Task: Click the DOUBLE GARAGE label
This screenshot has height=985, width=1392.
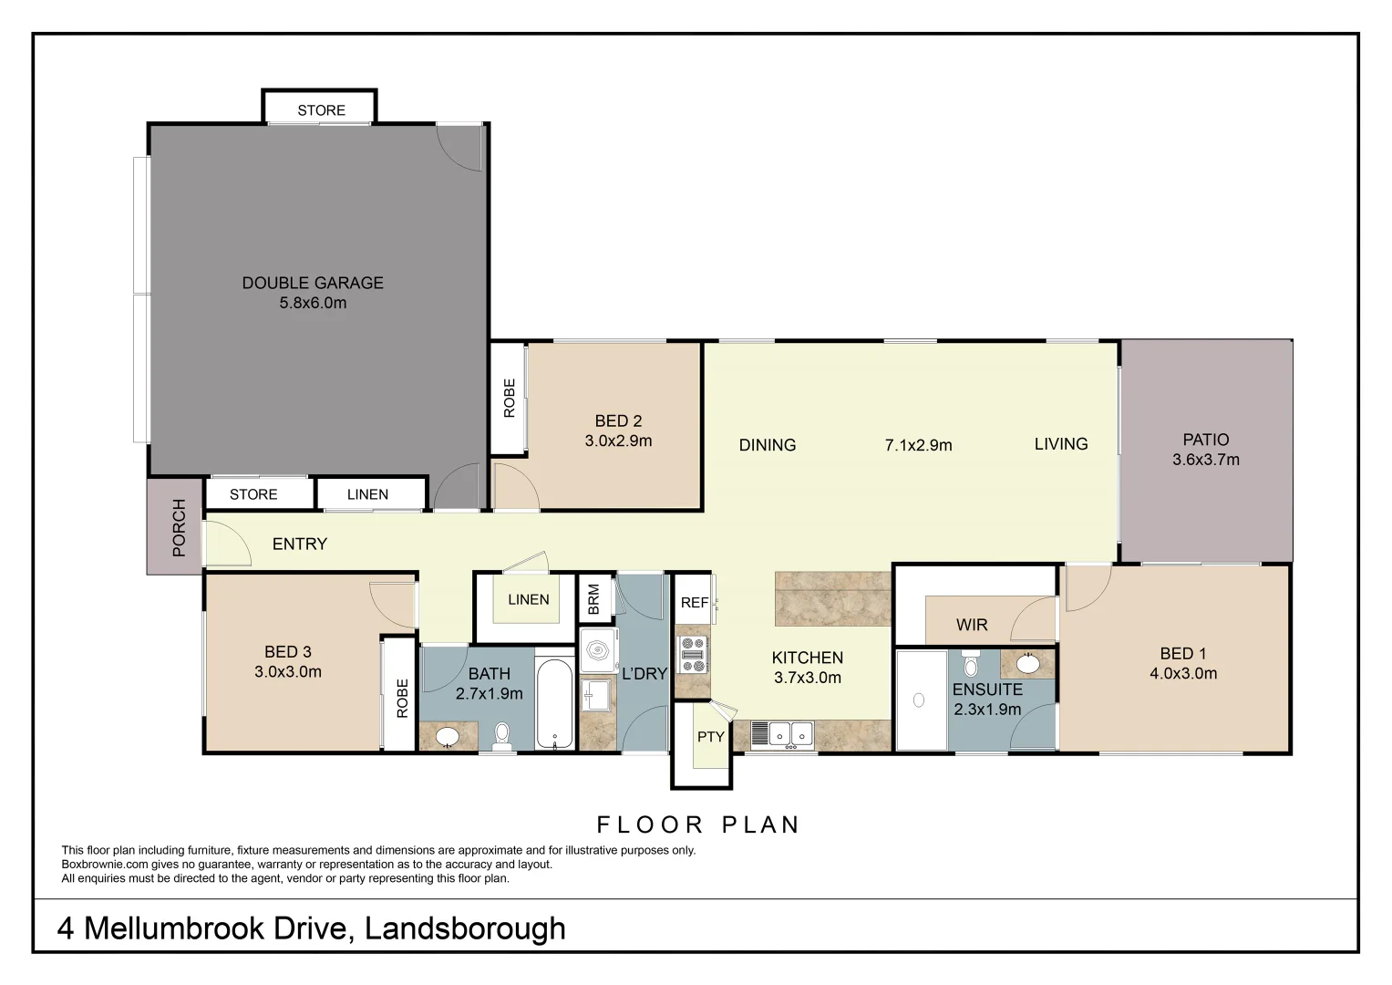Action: tap(313, 283)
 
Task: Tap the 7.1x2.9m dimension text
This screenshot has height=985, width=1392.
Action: tap(918, 445)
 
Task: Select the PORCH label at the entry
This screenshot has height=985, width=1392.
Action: tap(179, 528)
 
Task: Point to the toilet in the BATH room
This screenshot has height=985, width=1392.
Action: tap(502, 734)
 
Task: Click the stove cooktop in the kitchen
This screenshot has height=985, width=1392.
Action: tap(693, 654)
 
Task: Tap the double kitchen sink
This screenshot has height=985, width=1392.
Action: tap(782, 733)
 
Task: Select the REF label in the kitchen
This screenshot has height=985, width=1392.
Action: tap(694, 603)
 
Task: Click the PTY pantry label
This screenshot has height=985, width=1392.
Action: tap(710, 737)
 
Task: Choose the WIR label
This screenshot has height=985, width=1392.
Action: tap(972, 625)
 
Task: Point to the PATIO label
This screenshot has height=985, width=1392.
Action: tap(1205, 440)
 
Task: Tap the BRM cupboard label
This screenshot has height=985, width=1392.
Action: tap(594, 599)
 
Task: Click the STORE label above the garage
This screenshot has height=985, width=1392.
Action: tap(321, 110)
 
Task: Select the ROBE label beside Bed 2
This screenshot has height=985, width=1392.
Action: tap(509, 398)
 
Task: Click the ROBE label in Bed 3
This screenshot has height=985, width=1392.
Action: tap(402, 698)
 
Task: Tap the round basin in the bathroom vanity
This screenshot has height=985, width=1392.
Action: tap(448, 736)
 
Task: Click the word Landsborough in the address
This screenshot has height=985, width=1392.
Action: tap(465, 928)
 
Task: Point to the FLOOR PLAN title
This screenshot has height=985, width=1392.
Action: tap(698, 825)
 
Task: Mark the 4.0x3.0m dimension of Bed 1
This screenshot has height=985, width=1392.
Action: tap(1182, 674)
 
